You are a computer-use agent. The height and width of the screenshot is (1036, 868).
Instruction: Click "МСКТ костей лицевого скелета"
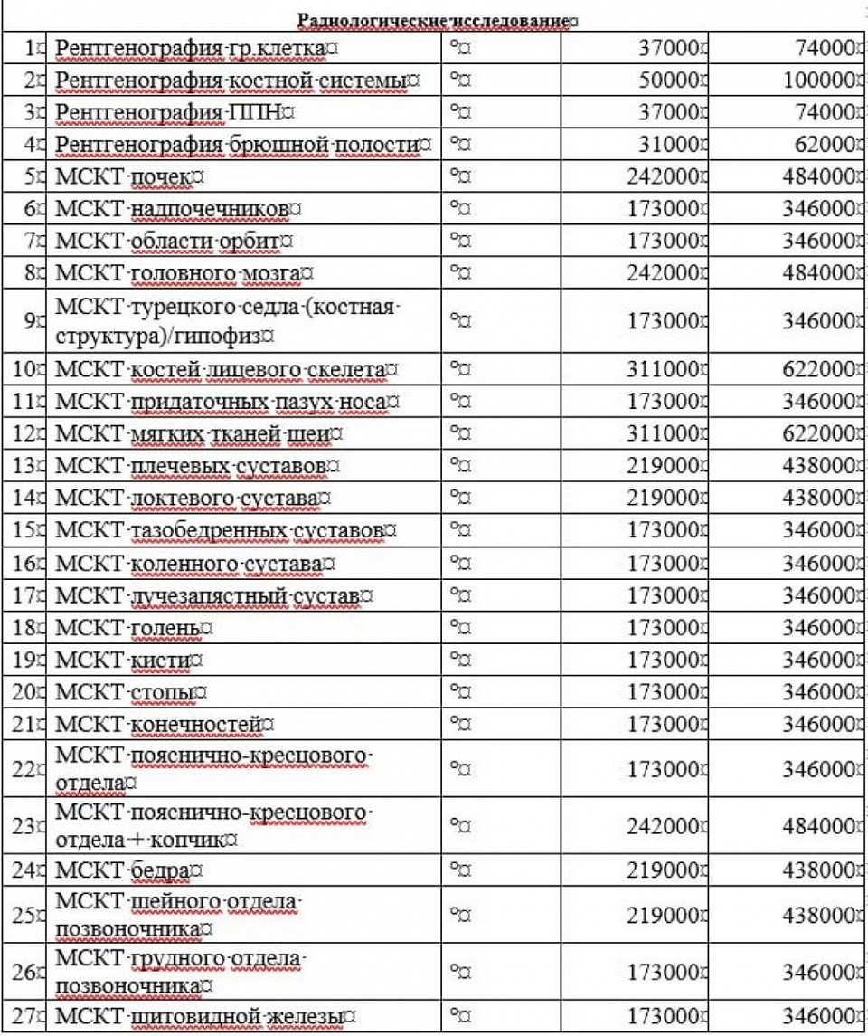coord(222,369)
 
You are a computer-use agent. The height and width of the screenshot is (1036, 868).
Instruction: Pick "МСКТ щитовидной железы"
coord(200,1017)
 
